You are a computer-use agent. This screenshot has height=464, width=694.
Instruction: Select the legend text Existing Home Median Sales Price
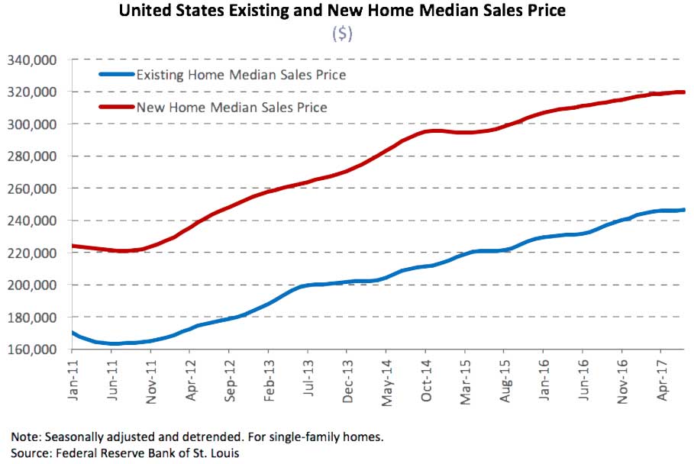pos(240,75)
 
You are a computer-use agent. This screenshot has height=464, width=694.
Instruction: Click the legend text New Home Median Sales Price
pos(231,107)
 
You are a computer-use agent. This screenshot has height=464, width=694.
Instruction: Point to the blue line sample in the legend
pos(115,75)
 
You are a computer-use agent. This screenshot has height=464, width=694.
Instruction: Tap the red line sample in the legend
pos(115,107)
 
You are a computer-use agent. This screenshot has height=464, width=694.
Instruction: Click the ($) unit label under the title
pos(341,35)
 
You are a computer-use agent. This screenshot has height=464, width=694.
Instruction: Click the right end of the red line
pos(683,92)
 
